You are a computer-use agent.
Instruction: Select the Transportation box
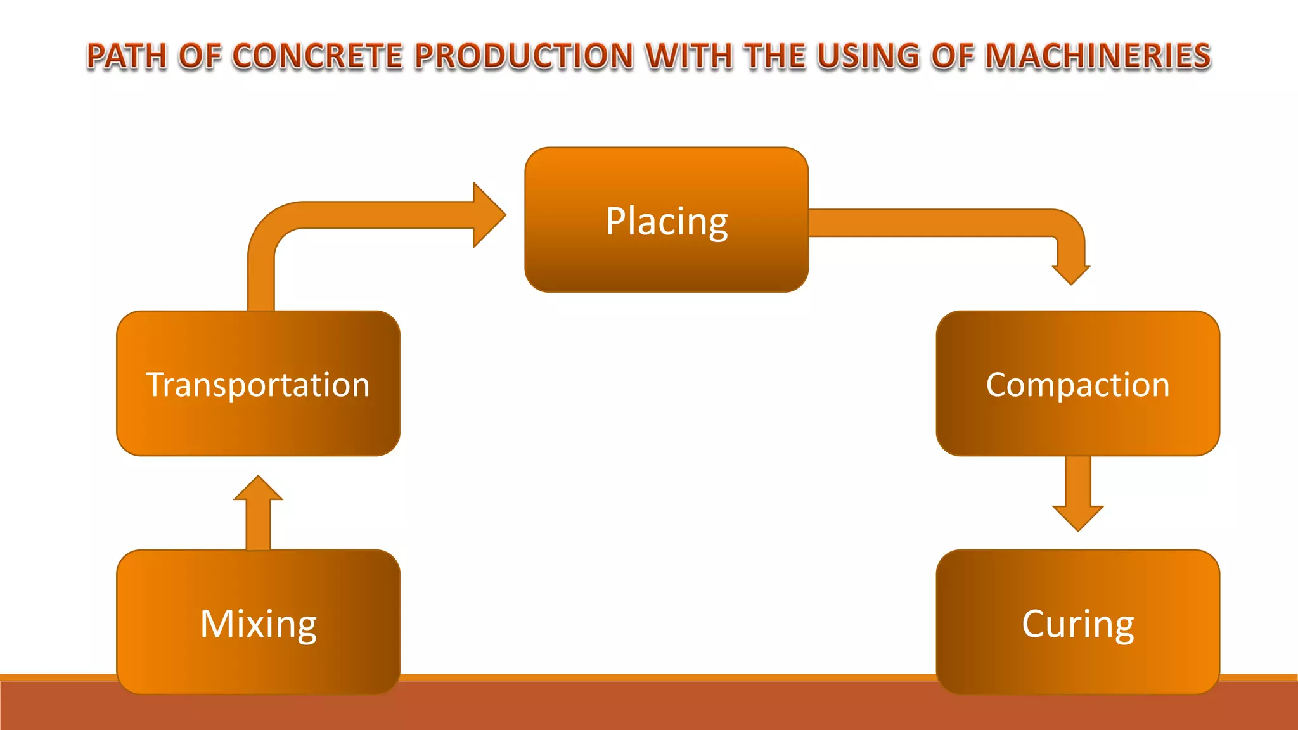pyautogui.click(x=258, y=383)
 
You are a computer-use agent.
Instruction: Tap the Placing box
pyautogui.click(x=666, y=220)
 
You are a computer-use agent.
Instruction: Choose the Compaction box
pyautogui.click(x=1077, y=383)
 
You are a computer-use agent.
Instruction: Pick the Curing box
pyautogui.click(x=1077, y=622)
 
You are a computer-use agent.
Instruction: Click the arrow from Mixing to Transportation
pyautogui.click(x=258, y=513)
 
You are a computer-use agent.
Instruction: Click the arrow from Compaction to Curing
pyautogui.click(x=1077, y=494)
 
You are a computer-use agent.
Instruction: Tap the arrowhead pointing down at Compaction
pyautogui.click(x=1071, y=272)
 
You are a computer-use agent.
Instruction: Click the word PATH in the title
pyautogui.click(x=127, y=56)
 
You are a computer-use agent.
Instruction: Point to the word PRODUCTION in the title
pyautogui.click(x=524, y=56)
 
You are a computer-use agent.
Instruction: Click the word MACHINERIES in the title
pyautogui.click(x=1098, y=56)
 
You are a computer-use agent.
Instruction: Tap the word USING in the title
pyautogui.click(x=868, y=56)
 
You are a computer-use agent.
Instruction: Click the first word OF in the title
pyautogui.click(x=200, y=56)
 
